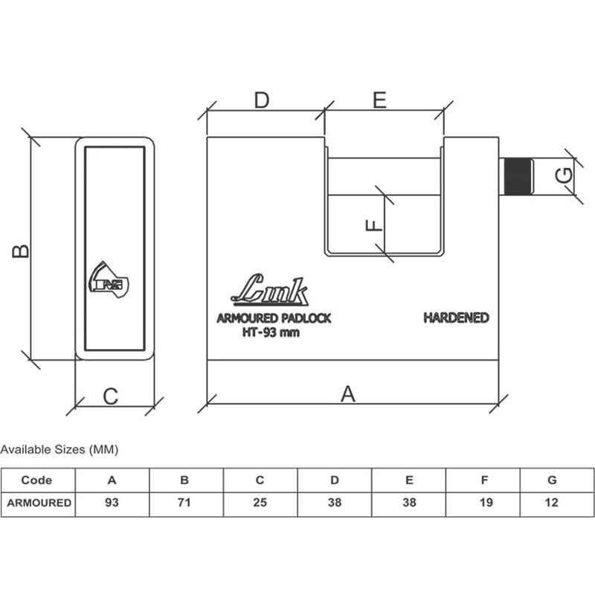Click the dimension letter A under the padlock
click(348, 394)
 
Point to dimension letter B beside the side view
click(21, 251)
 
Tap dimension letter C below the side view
click(111, 396)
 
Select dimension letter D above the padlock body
click(262, 100)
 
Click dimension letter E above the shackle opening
click(379, 100)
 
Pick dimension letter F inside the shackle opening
click(374, 225)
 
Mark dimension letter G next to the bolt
click(564, 176)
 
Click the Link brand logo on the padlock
click(270, 289)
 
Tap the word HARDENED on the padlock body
click(456, 318)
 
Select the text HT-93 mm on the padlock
click(271, 332)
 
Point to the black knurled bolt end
click(517, 177)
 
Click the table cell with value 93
click(112, 503)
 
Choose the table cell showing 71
click(184, 503)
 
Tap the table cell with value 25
click(260, 503)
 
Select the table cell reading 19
click(486, 503)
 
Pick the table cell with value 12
click(551, 503)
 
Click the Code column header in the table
click(36, 480)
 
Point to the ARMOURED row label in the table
click(39, 503)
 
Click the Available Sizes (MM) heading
click(59, 450)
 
